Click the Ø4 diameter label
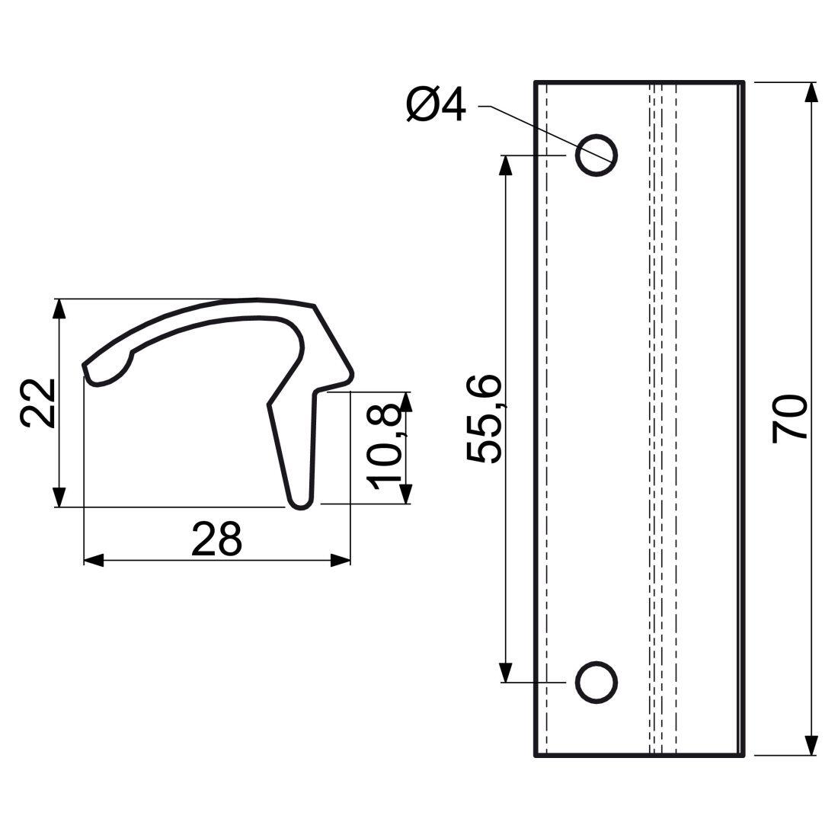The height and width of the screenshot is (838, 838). point(436,105)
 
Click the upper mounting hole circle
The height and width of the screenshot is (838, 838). point(597,155)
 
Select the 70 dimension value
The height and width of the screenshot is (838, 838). point(790,418)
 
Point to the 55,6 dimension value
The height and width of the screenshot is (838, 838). point(485,419)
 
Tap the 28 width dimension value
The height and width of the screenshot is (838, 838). point(216,539)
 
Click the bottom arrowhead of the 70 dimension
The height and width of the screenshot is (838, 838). point(811,745)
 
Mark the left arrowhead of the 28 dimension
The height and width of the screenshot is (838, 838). point(93,561)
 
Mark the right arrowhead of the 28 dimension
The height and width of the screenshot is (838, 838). point(341,561)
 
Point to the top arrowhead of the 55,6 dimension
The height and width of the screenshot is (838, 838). point(504,165)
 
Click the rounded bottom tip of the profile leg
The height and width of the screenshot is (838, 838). point(300,504)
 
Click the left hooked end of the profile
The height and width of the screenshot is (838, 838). point(91,375)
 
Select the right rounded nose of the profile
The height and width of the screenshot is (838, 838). point(350,376)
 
